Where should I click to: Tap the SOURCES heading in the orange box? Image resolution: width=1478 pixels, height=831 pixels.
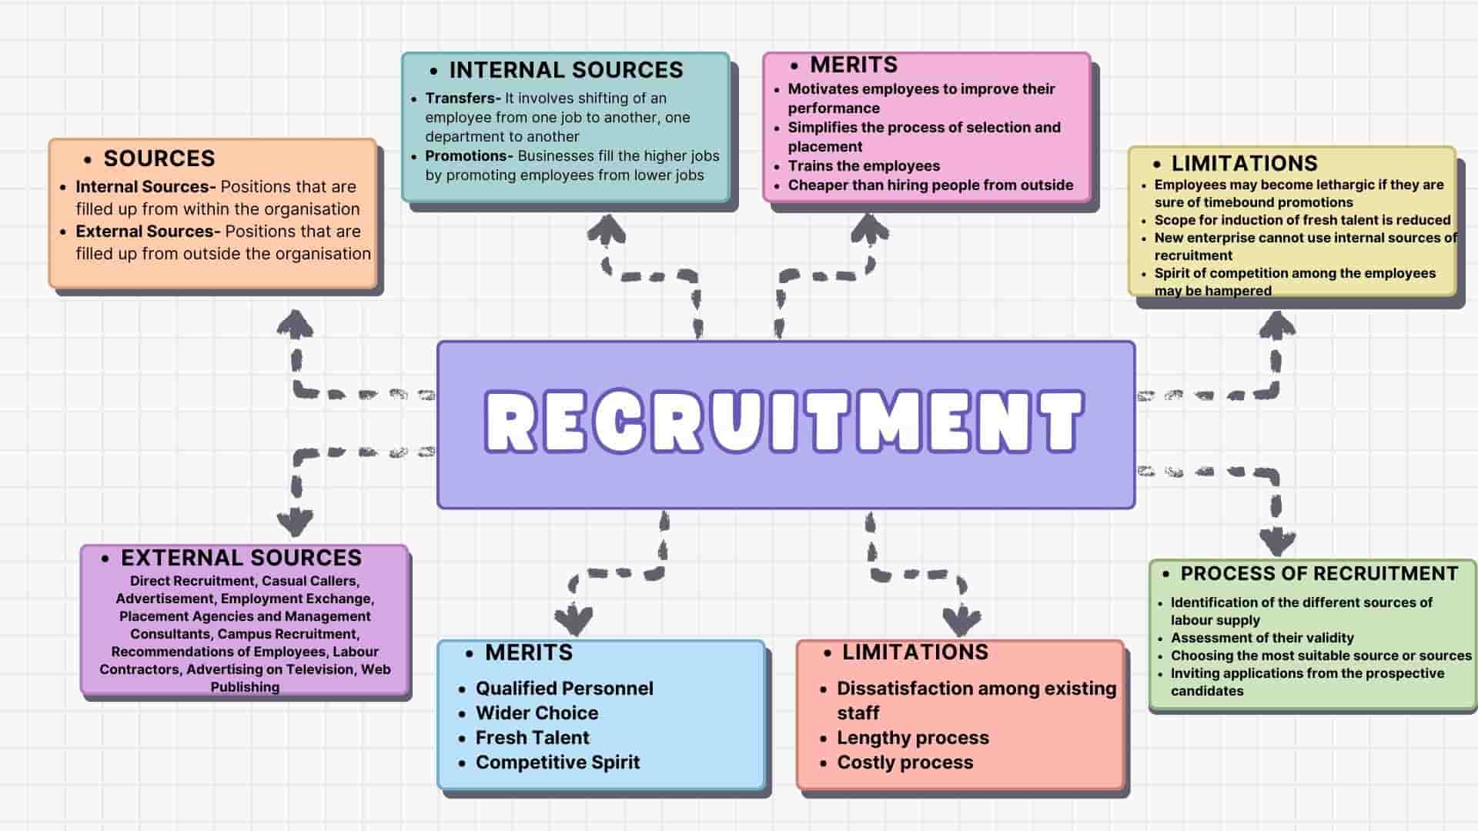159,159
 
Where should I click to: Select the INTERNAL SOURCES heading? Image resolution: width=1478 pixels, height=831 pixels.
566,70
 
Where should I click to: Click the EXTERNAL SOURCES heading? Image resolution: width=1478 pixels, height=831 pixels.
241,558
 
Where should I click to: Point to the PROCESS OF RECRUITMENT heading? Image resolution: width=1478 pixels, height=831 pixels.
1319,574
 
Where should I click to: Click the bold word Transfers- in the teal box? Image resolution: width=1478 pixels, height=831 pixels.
463,98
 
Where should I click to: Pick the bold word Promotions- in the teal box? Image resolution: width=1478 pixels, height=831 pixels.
469,156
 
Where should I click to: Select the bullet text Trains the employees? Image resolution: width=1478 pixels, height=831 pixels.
864,166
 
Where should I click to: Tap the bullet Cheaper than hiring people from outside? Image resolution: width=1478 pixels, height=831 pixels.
930,185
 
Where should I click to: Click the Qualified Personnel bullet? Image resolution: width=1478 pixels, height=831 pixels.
564,689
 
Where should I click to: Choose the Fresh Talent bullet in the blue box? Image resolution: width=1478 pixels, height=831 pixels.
532,738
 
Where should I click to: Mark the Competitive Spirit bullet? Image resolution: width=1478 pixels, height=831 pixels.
557,763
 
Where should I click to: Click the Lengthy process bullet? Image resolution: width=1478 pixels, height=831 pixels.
912,738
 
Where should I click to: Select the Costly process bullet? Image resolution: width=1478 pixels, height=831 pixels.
905,763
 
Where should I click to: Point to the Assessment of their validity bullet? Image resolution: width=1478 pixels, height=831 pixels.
1262,638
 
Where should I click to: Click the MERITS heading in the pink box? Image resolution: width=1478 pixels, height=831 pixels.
854,65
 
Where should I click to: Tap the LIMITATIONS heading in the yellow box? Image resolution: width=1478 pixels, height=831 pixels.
1244,163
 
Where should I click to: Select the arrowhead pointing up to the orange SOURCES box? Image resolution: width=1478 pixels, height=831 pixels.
295,324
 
